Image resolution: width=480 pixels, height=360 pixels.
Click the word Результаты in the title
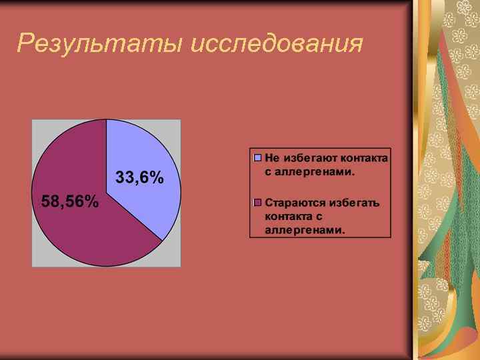(x=101, y=43)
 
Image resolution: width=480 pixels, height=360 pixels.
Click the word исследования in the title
(x=277, y=44)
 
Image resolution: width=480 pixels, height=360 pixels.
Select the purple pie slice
(x=80, y=227)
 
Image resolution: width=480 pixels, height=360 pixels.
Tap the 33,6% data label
(x=140, y=177)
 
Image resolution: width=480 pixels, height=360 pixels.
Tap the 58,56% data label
(x=70, y=201)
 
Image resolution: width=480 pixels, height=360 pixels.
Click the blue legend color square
(x=258, y=159)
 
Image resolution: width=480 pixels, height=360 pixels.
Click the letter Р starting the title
(x=25, y=43)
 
